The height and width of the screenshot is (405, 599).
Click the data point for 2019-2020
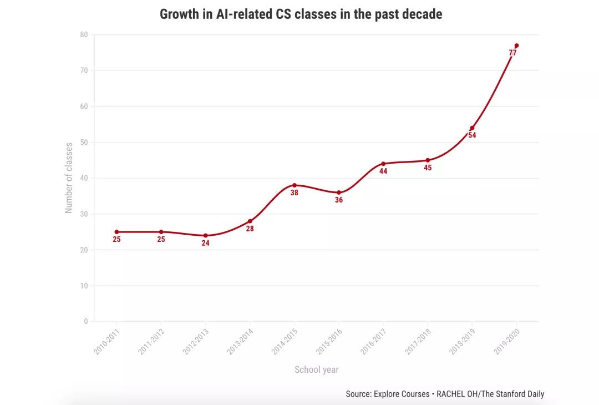coord(516,45)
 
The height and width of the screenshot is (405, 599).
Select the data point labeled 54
coord(472,128)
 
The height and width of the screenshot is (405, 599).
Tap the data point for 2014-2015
coord(294,185)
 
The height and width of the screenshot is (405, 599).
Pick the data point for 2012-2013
coord(205,235)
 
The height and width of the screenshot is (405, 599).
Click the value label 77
coord(512,53)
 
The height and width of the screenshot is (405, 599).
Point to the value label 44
coord(383,171)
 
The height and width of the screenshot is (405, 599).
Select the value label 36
coord(339,200)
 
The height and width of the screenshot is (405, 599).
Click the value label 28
coord(250,229)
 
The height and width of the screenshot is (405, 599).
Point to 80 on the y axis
coord(84,34)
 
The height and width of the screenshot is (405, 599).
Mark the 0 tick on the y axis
coord(85,321)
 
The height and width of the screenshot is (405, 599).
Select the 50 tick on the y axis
coord(84,142)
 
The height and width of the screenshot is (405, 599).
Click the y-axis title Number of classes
coord(69,178)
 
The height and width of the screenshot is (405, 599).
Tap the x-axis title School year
coord(316,369)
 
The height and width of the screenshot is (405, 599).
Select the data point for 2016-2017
coord(383,164)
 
